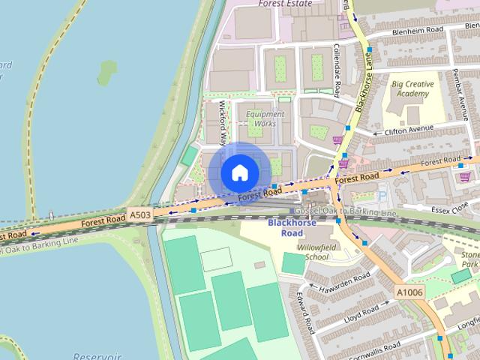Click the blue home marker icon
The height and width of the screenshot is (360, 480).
coord(239,172)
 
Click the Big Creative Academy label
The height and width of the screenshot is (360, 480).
coord(411,90)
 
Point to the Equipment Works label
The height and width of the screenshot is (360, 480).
coord(265,118)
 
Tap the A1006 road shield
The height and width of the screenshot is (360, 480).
coord(409,291)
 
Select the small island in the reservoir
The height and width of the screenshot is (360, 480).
coord(107,73)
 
